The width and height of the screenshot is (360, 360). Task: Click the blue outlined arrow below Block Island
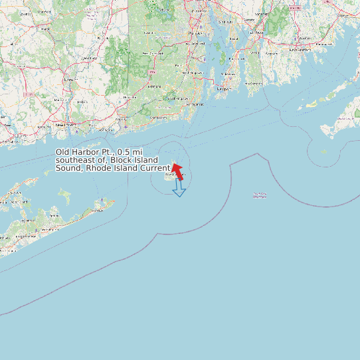click(179, 189)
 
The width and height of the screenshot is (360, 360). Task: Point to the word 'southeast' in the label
click(74, 160)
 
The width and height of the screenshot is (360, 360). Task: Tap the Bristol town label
click(228, 40)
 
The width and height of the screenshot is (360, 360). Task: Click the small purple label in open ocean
click(260, 195)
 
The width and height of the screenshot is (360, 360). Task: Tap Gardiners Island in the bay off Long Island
click(64, 195)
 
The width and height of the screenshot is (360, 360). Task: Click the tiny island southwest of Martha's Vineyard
click(323, 152)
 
